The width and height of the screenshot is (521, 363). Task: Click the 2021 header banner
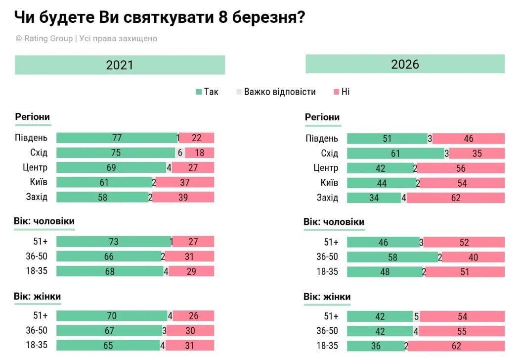(x=120, y=65)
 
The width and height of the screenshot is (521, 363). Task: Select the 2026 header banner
(x=405, y=64)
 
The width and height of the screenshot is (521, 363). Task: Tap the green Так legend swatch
(x=199, y=92)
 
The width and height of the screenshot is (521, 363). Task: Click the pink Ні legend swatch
(x=336, y=92)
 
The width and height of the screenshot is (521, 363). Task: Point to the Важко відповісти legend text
(x=279, y=92)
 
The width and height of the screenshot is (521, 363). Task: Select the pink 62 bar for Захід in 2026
(x=456, y=198)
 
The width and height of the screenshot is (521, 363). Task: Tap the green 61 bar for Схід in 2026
(x=395, y=154)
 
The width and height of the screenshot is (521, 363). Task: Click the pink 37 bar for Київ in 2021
(x=185, y=183)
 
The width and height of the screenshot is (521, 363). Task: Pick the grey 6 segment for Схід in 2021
(x=180, y=153)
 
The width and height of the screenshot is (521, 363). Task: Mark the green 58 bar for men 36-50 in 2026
(x=392, y=257)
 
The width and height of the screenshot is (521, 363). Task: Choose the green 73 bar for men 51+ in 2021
(x=113, y=242)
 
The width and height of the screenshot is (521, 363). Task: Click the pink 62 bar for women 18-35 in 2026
(x=456, y=346)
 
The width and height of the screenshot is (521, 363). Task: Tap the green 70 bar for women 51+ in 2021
(x=112, y=316)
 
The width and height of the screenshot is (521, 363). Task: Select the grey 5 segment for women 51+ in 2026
(x=416, y=316)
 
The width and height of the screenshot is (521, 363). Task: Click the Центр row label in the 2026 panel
(x=326, y=168)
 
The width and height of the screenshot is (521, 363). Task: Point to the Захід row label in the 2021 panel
(x=37, y=197)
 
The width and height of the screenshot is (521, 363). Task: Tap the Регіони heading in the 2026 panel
(x=322, y=117)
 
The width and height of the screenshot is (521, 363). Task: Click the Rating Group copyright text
(x=86, y=39)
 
